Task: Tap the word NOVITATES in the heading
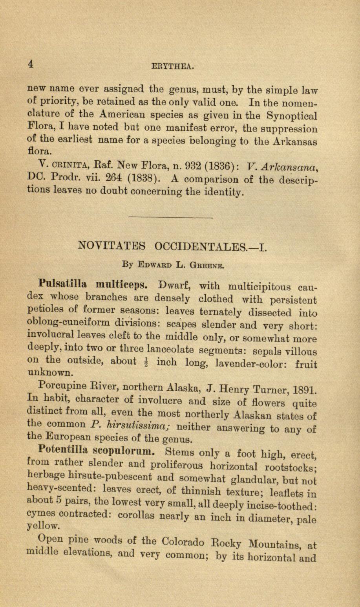(112, 246)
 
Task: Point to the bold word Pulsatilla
(63, 283)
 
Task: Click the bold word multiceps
(121, 284)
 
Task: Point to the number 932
(189, 165)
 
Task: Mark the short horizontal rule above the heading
(170, 216)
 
